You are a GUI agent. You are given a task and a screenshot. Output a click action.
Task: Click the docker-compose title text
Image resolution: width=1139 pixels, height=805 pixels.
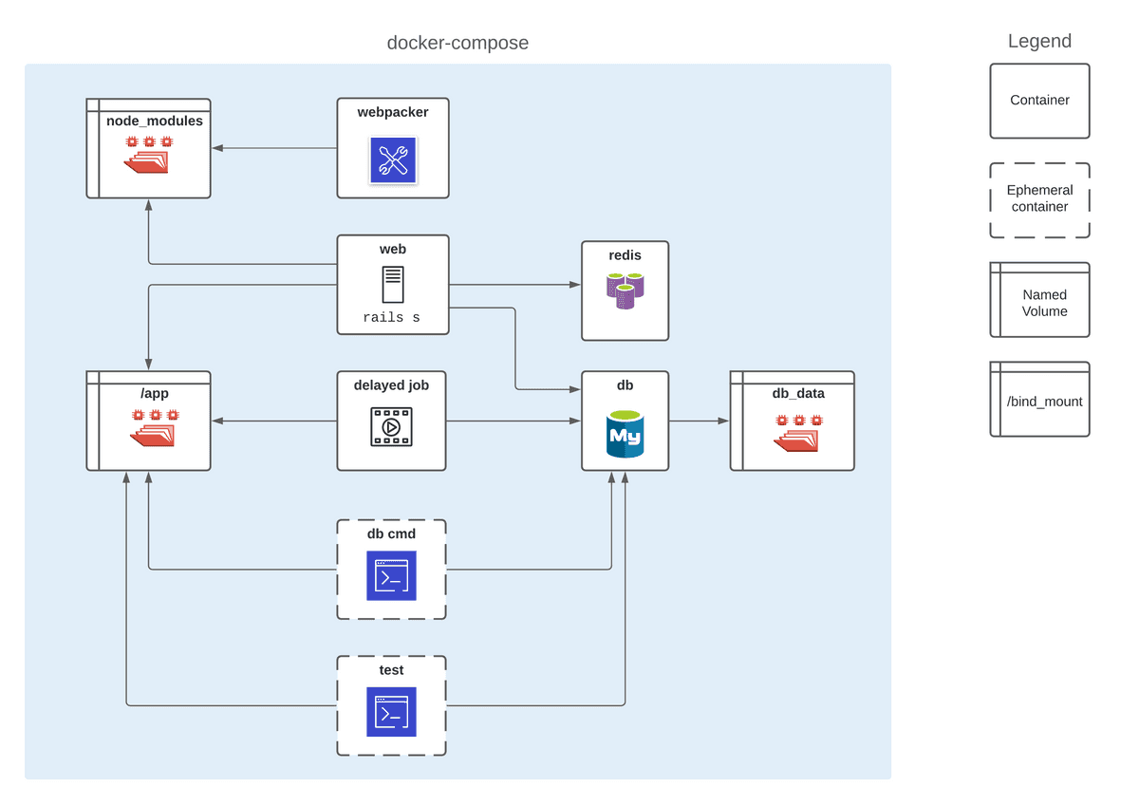pyautogui.click(x=457, y=43)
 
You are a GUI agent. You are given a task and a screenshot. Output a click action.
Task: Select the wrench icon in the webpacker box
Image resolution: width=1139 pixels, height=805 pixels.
pyautogui.click(x=393, y=159)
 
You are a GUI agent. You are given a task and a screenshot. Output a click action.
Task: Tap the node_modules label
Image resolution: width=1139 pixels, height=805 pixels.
pyautogui.click(x=154, y=122)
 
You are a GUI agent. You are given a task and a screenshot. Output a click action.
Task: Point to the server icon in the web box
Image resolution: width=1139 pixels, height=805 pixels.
pyautogui.click(x=392, y=285)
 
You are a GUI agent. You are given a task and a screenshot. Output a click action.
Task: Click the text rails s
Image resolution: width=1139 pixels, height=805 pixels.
pyautogui.click(x=391, y=318)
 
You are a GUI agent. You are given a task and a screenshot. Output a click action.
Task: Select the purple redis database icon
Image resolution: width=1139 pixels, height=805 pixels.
pyautogui.click(x=625, y=290)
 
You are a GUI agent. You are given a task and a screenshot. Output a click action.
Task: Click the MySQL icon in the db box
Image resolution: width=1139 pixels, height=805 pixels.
pyautogui.click(x=625, y=435)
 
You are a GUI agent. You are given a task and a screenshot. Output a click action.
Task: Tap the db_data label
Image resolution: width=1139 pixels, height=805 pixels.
pyautogui.click(x=798, y=393)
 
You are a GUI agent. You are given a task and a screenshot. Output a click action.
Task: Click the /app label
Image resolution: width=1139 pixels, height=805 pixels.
pyautogui.click(x=155, y=393)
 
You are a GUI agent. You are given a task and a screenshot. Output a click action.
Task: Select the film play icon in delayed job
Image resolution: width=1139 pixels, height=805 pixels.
pyautogui.click(x=391, y=427)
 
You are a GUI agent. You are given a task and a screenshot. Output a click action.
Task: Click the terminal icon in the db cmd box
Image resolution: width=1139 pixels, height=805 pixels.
pyautogui.click(x=391, y=575)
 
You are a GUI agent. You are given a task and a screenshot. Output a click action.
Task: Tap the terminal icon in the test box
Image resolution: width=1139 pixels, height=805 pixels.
pyautogui.click(x=391, y=712)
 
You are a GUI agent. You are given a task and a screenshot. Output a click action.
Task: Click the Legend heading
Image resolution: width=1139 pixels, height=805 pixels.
pyautogui.click(x=1039, y=42)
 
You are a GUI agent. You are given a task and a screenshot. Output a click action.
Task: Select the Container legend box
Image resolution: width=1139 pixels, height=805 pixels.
pyautogui.click(x=1039, y=101)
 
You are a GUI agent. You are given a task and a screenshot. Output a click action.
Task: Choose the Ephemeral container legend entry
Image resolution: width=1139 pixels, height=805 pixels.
pyautogui.click(x=1039, y=199)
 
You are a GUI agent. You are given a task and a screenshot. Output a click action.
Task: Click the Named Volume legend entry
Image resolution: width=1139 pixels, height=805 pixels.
pyautogui.click(x=1040, y=301)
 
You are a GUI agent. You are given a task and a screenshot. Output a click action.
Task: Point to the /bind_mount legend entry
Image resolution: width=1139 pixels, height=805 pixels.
pyautogui.click(x=1040, y=400)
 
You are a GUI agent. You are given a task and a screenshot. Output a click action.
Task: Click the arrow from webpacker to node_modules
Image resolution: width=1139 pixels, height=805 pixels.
pyautogui.click(x=275, y=148)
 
